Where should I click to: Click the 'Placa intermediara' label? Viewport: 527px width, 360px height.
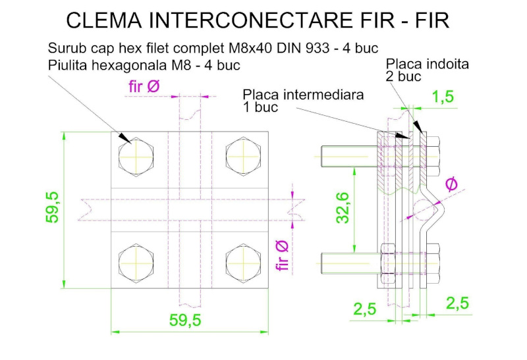click(303, 94)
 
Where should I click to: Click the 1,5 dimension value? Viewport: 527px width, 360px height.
click(443, 97)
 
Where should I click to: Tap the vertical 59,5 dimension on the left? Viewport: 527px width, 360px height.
click(53, 207)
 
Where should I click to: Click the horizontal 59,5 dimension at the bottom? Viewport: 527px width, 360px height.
click(185, 321)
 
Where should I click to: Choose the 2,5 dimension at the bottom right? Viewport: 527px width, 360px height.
click(458, 304)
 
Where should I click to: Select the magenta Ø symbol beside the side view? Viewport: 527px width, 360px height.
click(451, 185)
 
